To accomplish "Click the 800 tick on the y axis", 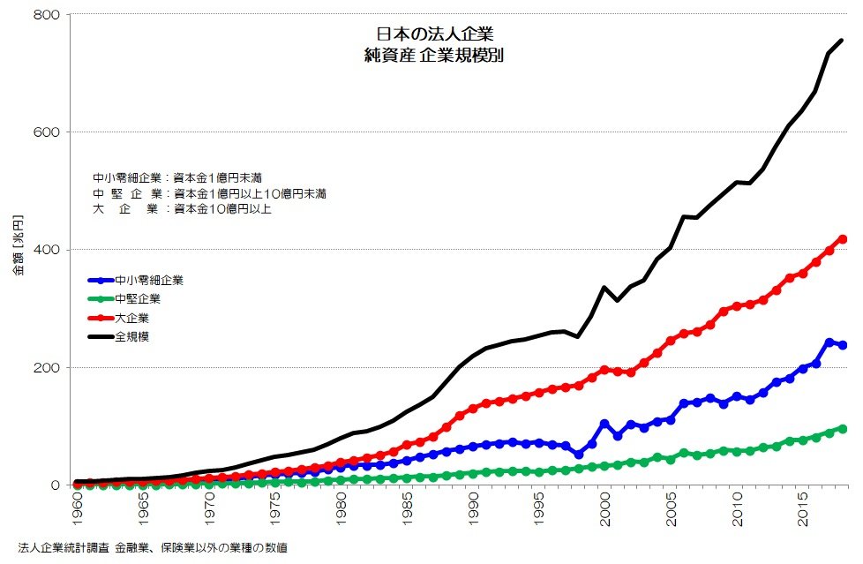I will click(x=47, y=15).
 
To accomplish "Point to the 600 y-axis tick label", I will click(x=47, y=132).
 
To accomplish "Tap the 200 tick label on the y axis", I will click(x=47, y=367).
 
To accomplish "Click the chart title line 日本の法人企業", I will click(x=434, y=34).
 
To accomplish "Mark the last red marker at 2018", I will click(x=843, y=239).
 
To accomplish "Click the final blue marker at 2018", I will click(x=843, y=345).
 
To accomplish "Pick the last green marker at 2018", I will click(x=843, y=429).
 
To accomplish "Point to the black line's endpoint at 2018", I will click(x=843, y=40).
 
